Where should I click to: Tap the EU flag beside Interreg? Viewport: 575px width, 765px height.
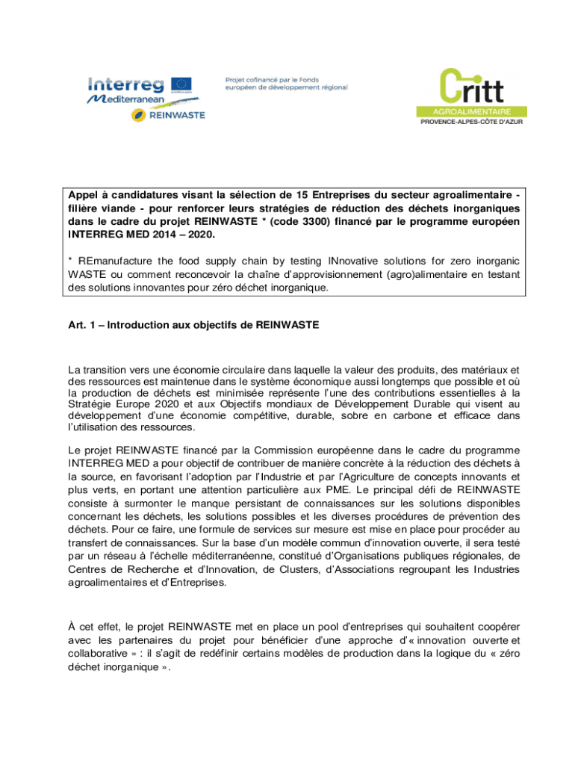click(181, 84)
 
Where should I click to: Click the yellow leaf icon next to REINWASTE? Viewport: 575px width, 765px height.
click(138, 114)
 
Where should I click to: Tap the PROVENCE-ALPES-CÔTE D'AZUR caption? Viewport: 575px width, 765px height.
click(469, 122)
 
